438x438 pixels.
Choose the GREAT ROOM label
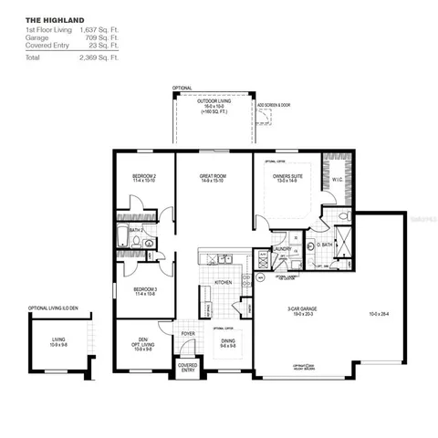click(213, 176)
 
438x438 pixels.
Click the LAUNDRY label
click(281, 247)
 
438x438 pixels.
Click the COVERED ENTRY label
click(187, 368)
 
